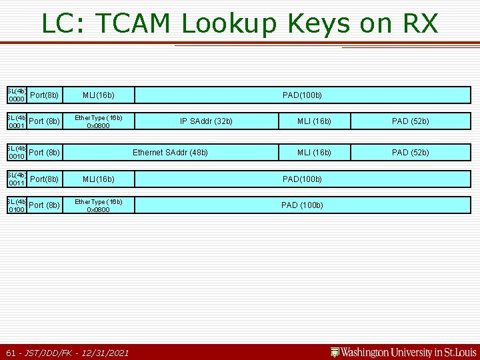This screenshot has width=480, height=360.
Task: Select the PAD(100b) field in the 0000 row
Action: click(302, 95)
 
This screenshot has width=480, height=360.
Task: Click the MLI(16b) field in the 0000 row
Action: click(98, 95)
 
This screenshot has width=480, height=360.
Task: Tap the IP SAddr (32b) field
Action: click(206, 121)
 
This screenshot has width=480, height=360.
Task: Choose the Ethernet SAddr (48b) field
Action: click(170, 153)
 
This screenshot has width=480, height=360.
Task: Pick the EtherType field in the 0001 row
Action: click(98, 121)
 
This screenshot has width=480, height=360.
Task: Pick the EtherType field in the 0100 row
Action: click(98, 205)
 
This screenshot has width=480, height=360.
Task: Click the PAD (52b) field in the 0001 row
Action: click(410, 121)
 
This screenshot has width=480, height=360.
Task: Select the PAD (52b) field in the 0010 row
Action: click(410, 153)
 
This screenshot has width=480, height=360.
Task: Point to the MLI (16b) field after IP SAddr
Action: click(314, 121)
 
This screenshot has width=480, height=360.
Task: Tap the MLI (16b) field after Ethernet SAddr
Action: click(314, 153)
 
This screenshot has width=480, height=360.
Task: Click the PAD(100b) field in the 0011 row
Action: click(302, 179)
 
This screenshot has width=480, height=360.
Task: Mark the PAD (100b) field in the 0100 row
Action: click(302, 205)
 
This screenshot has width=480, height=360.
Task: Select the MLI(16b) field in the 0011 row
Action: click(98, 179)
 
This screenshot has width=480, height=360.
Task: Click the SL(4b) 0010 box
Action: click(16, 153)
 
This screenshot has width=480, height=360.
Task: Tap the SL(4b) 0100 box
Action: click(16, 205)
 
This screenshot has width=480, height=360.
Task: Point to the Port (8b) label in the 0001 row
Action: click(45, 121)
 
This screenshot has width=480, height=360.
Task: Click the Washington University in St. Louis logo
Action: click(403, 352)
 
